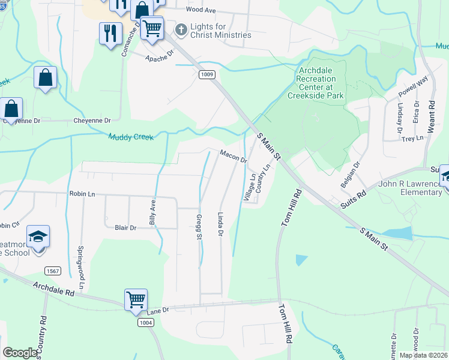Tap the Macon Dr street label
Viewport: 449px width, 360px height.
point(234,157)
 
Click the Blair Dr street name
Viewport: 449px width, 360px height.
point(125,228)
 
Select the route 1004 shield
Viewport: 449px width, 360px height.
point(145,323)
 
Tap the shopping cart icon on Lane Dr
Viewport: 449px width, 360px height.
point(136,299)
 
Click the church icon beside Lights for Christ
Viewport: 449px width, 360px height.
point(180,29)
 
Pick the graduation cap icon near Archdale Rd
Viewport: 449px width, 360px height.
point(38,236)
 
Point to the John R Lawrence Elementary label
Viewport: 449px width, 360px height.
point(410,188)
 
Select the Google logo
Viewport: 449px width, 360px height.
point(20,353)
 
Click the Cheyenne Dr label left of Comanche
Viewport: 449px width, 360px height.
point(92,121)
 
